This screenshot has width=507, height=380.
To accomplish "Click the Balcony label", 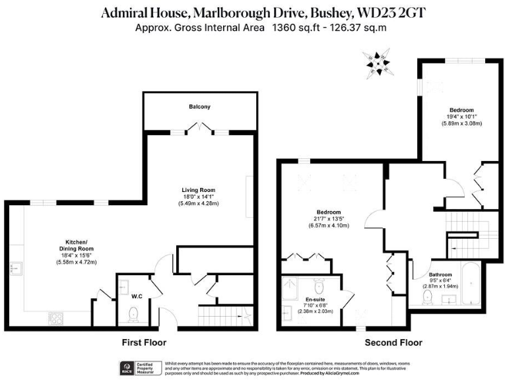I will pyautogui.click(x=199, y=106).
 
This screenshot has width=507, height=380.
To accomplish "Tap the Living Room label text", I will pyautogui.click(x=199, y=190).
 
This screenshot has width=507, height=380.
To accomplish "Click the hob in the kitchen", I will pyautogui.click(x=57, y=319).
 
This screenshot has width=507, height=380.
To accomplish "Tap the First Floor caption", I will pyautogui.click(x=143, y=342).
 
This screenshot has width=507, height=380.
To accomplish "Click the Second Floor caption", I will pyautogui.click(x=393, y=342).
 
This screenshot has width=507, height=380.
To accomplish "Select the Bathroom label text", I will pyautogui.click(x=440, y=274).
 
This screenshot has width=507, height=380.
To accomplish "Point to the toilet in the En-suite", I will pyautogui.click(x=320, y=287).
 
